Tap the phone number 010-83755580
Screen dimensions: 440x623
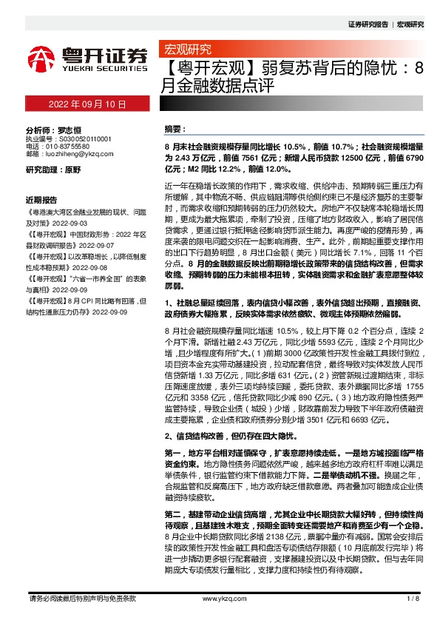point(72,147)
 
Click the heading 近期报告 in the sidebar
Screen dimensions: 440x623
point(42,199)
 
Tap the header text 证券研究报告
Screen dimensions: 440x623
point(368,24)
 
